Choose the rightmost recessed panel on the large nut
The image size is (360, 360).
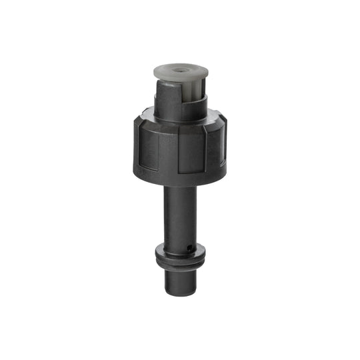coord(217,147)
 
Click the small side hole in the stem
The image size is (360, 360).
coord(192,249)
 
